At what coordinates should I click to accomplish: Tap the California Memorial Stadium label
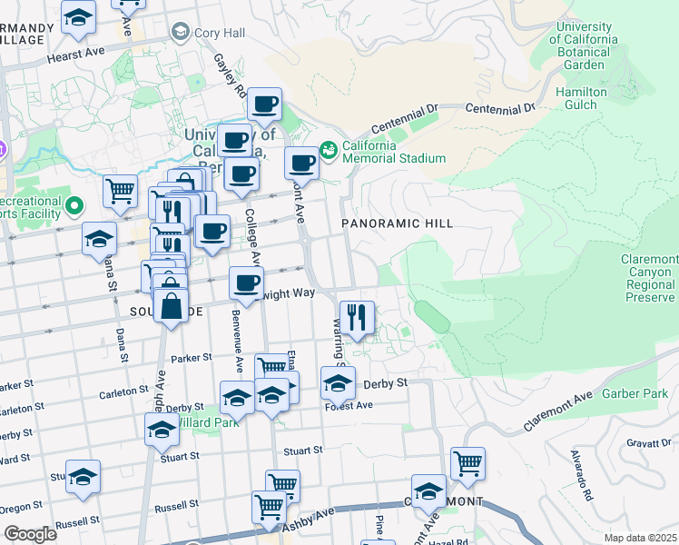tap(394, 152)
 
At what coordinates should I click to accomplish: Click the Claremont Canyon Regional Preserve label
tap(648, 278)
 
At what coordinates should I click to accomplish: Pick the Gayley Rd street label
tap(230, 74)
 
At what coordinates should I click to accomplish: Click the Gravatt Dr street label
tap(648, 442)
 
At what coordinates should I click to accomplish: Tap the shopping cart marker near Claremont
tap(467, 463)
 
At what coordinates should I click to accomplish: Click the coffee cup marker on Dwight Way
tap(246, 283)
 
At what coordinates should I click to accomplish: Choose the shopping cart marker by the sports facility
tap(120, 191)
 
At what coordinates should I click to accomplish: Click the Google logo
tap(30, 533)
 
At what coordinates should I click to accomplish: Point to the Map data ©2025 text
tap(641, 537)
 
